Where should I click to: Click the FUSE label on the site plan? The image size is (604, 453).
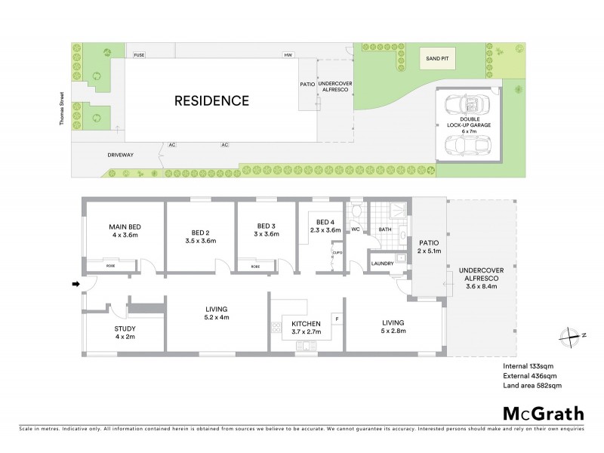(139, 56)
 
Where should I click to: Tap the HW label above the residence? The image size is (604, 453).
(288, 56)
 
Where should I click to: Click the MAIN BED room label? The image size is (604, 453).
(125, 226)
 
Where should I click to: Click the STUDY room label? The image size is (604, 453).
(125, 328)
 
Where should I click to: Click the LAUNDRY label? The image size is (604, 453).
(383, 263)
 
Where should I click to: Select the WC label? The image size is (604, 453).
(356, 229)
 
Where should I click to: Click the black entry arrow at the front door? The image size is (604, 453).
(75, 284)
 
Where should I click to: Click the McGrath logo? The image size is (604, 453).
(543, 413)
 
